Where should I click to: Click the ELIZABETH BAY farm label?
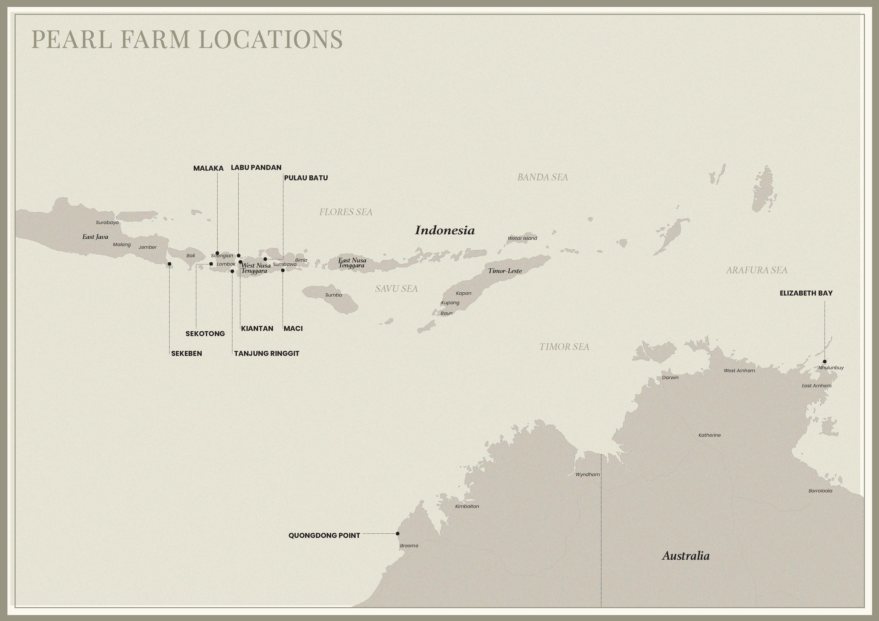click(x=806, y=293)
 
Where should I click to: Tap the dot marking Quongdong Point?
click(x=397, y=533)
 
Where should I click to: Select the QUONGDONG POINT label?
click(x=324, y=535)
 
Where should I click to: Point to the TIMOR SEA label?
click(x=564, y=347)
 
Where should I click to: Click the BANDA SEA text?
click(x=542, y=177)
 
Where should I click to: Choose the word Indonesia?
click(x=445, y=230)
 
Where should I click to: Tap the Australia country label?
click(x=686, y=555)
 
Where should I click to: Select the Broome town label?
click(x=409, y=546)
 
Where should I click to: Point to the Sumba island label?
click(x=333, y=295)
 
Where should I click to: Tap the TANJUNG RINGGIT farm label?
click(x=267, y=354)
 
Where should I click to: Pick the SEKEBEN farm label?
click(x=186, y=354)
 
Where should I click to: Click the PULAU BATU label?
click(x=306, y=178)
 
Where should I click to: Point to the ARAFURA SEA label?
click(x=757, y=270)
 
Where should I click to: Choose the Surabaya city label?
click(x=107, y=222)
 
